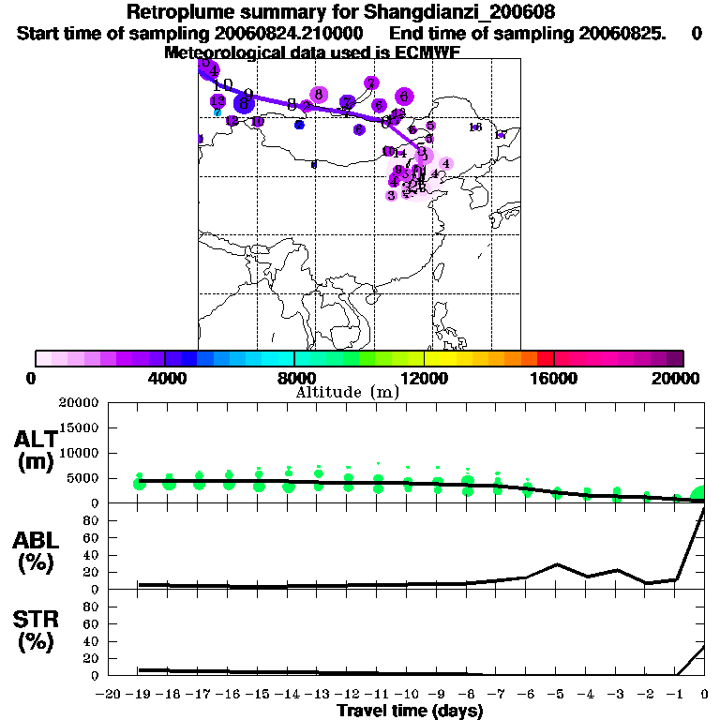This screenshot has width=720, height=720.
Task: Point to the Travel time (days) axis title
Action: pos(410,711)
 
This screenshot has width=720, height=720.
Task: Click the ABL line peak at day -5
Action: pos(557,564)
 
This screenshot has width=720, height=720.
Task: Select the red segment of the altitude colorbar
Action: pos(545,358)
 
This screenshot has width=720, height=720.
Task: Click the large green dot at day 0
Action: pos(701,495)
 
